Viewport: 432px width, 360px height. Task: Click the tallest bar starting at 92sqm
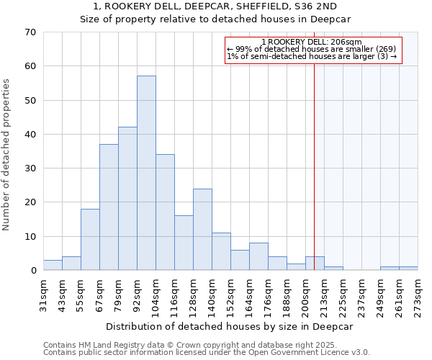coord(146,173)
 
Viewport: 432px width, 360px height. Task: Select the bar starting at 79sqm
coord(127,199)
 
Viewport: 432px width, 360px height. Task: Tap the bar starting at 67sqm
coord(109,207)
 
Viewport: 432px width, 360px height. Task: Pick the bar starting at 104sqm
coord(165,212)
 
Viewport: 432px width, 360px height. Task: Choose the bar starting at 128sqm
coord(202,230)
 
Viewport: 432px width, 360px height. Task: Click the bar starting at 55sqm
coord(90,240)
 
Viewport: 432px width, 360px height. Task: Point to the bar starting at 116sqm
coord(184,243)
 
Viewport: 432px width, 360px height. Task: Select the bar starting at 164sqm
coord(258,256)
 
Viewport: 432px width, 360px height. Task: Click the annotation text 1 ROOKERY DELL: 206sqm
coord(312,42)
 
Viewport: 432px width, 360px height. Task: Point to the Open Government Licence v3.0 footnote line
coord(207,353)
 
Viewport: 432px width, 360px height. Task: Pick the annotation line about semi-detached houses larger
coord(312,56)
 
